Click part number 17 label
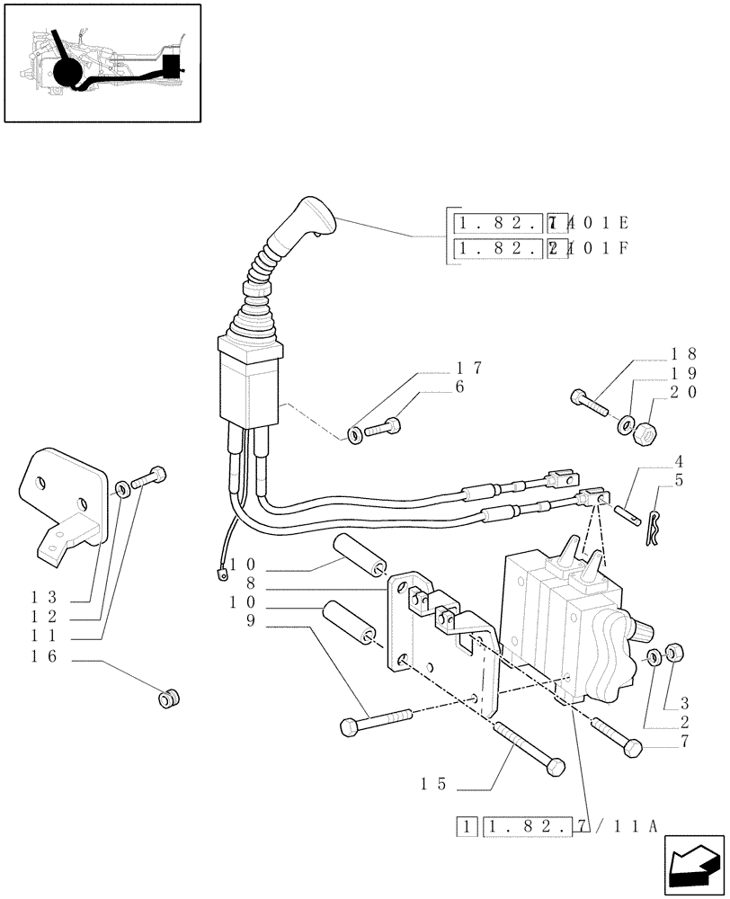pos(469,368)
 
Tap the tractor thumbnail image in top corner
pos(102,62)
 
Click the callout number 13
pos(45,598)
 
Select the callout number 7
pos(686,743)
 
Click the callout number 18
pos(680,355)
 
